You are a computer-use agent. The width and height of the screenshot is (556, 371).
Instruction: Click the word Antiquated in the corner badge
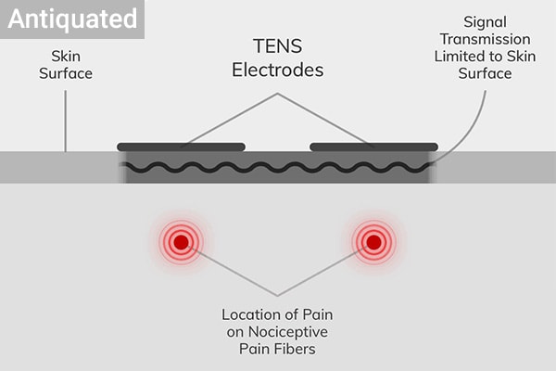coord(72,19)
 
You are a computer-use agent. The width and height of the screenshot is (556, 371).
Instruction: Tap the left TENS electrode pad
coord(182,147)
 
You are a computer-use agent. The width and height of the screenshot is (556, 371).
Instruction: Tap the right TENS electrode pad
coord(373,147)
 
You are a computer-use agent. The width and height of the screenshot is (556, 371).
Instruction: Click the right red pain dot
coord(373,243)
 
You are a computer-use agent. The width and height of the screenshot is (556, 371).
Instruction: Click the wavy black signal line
coord(278,168)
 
